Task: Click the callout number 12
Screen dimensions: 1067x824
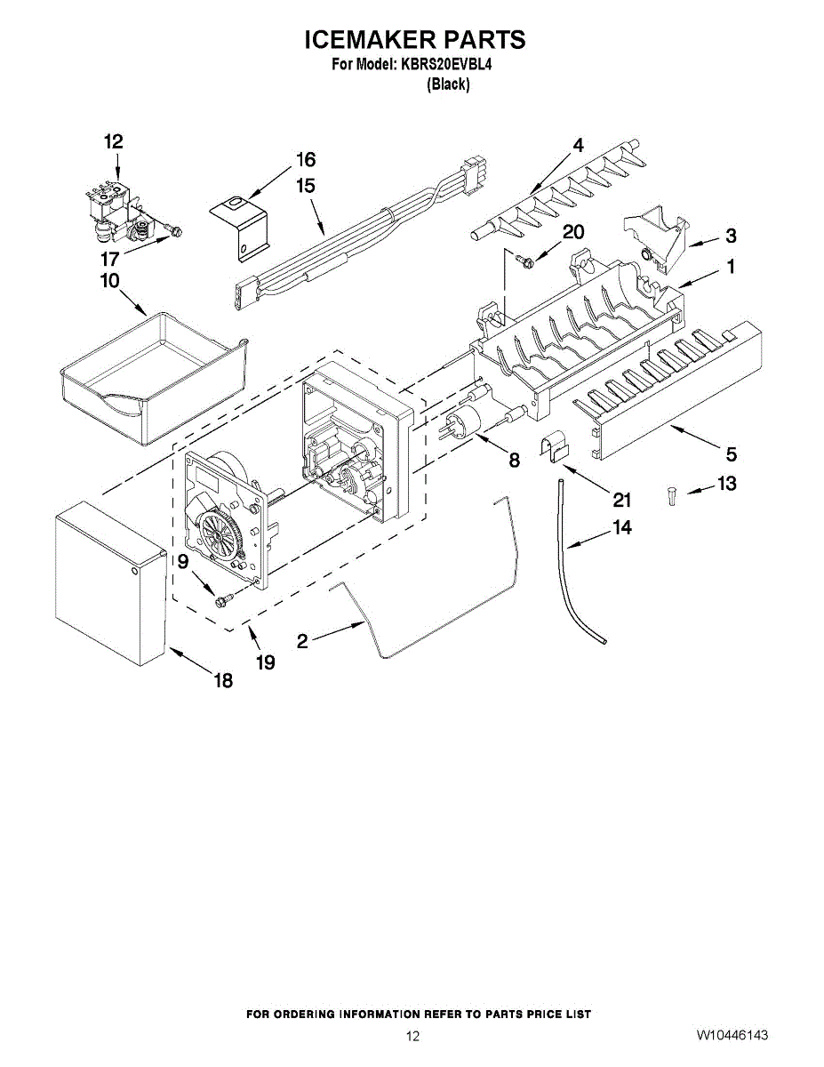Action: [x=113, y=141]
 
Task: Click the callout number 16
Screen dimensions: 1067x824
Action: [x=305, y=160]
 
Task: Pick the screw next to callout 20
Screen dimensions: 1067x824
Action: [x=526, y=260]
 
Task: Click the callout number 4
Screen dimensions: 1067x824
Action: [x=578, y=144]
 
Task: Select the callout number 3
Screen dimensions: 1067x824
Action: [x=730, y=236]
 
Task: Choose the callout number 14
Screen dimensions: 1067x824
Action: [x=622, y=528]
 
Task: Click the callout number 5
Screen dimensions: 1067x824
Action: [x=731, y=454]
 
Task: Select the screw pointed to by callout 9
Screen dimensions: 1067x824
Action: [x=222, y=600]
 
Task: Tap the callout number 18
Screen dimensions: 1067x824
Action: [x=222, y=681]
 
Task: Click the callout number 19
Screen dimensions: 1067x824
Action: [x=265, y=662]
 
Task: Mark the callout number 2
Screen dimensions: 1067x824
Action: [x=303, y=640]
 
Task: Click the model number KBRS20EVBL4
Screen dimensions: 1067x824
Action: [x=441, y=64]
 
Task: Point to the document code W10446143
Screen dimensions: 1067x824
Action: [x=732, y=1036]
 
